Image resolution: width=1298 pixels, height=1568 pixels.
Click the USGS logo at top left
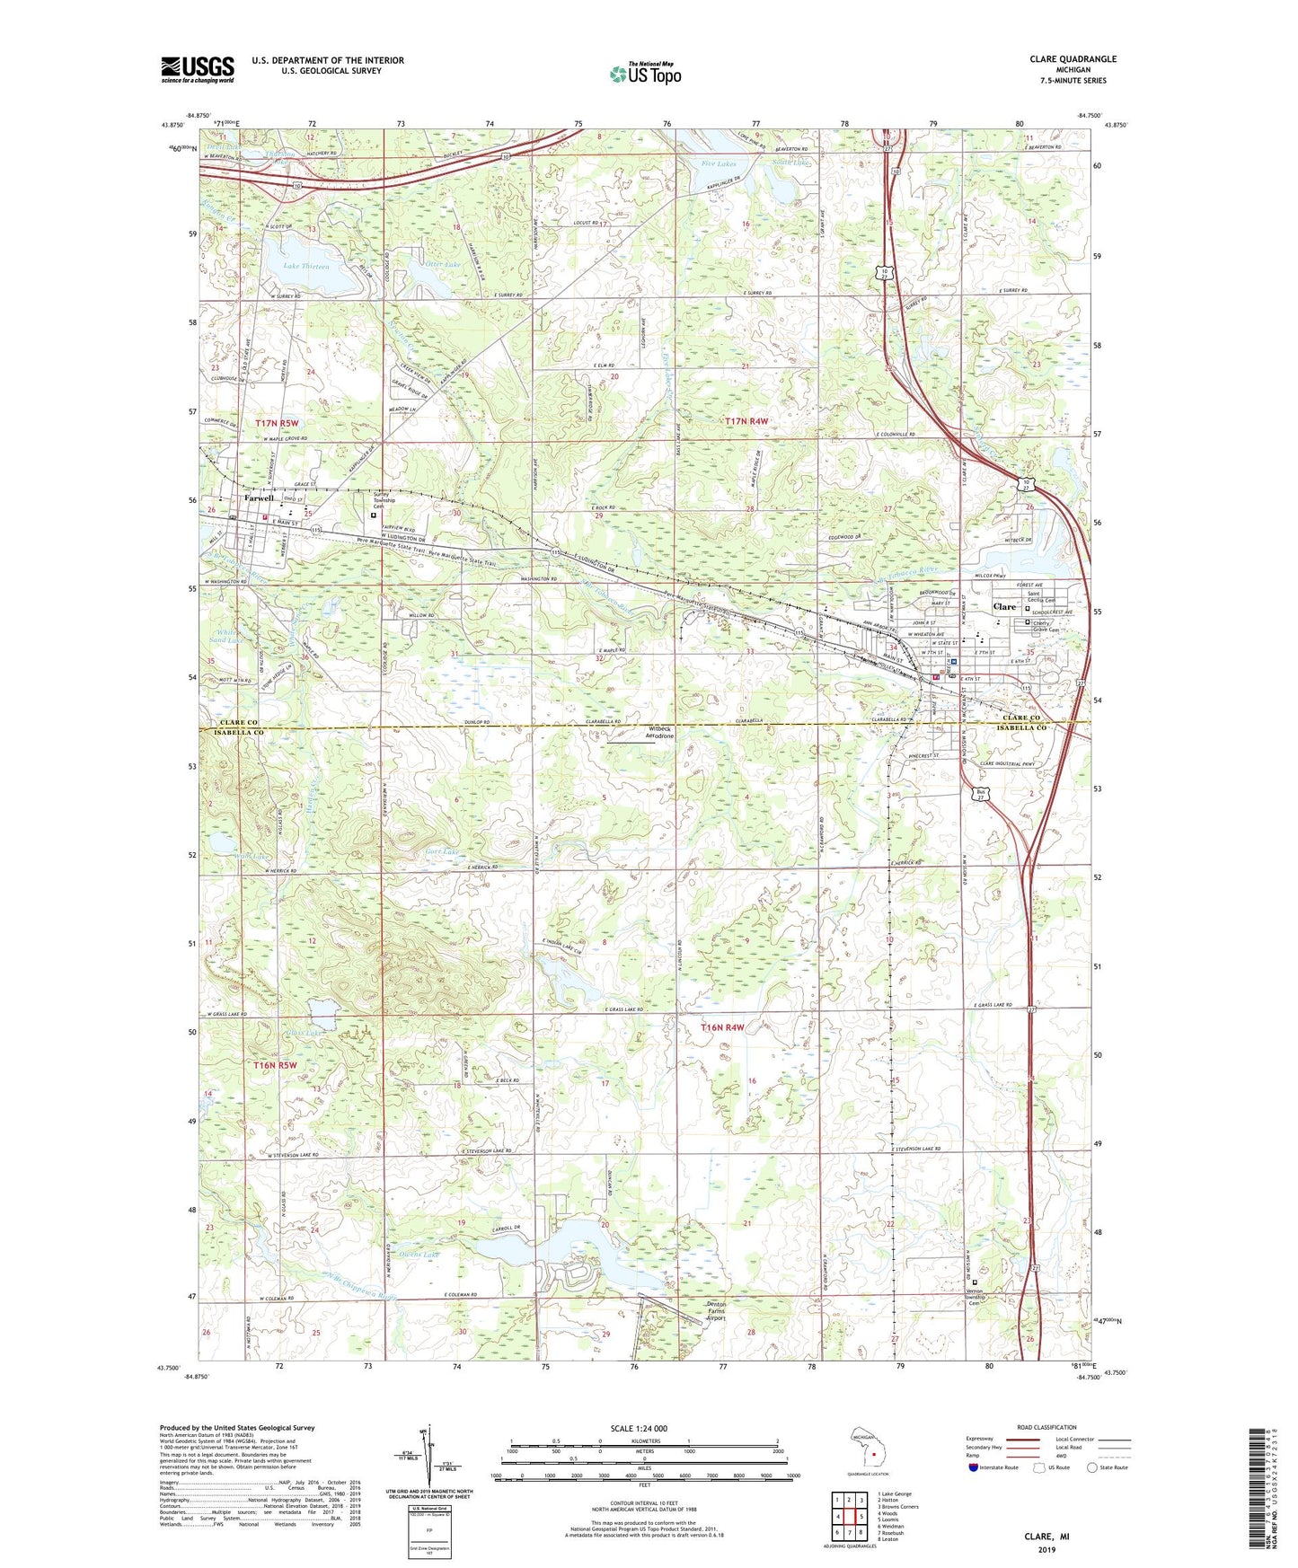click(x=198, y=69)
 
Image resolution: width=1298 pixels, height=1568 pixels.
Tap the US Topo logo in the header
click(x=644, y=74)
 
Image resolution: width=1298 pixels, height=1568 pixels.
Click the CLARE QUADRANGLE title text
click(x=1073, y=59)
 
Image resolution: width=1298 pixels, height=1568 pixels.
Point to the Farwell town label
click(x=258, y=498)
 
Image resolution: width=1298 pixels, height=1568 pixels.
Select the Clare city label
click(x=1004, y=607)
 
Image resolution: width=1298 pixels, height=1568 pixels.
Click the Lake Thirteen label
click(x=306, y=267)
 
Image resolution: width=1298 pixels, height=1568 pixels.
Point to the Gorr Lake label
click(x=441, y=851)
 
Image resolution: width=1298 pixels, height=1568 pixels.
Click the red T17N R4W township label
click(x=747, y=420)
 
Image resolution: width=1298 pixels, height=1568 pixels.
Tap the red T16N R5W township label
click(x=275, y=1065)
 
